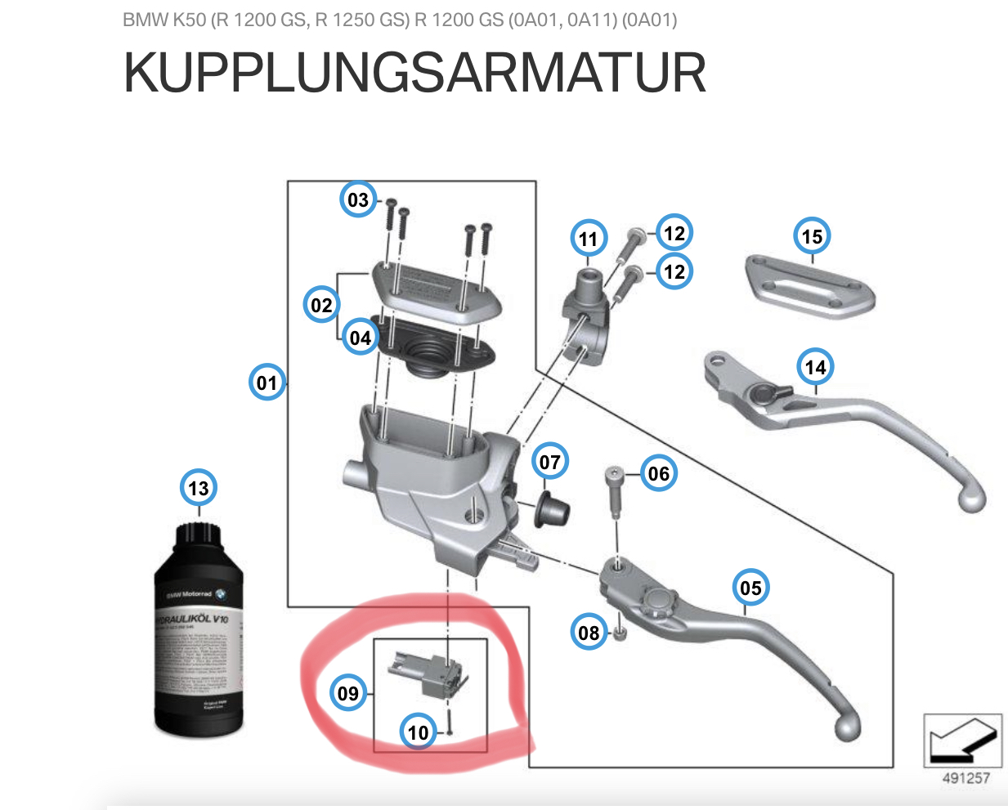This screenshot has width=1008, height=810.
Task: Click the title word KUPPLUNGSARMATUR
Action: tap(414, 73)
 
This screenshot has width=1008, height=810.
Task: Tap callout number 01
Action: tap(267, 383)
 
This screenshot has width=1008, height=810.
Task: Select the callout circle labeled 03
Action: tap(358, 199)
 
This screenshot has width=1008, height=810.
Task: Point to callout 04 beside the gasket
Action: tap(360, 338)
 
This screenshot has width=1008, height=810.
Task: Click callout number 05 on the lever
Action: tap(750, 588)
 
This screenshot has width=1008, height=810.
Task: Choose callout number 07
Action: tap(550, 463)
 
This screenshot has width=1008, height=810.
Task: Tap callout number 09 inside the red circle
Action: tap(348, 693)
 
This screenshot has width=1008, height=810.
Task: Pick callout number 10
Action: tap(418, 732)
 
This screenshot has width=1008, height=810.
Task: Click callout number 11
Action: tap(589, 239)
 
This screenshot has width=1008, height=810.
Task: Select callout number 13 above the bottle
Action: tap(199, 488)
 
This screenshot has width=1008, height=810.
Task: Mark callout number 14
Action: tap(816, 367)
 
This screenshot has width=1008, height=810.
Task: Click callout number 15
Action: tap(812, 236)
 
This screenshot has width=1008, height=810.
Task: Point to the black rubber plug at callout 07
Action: tap(552, 509)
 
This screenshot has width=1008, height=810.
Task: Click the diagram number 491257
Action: tap(965, 778)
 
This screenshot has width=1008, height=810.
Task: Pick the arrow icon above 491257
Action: tap(962, 740)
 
